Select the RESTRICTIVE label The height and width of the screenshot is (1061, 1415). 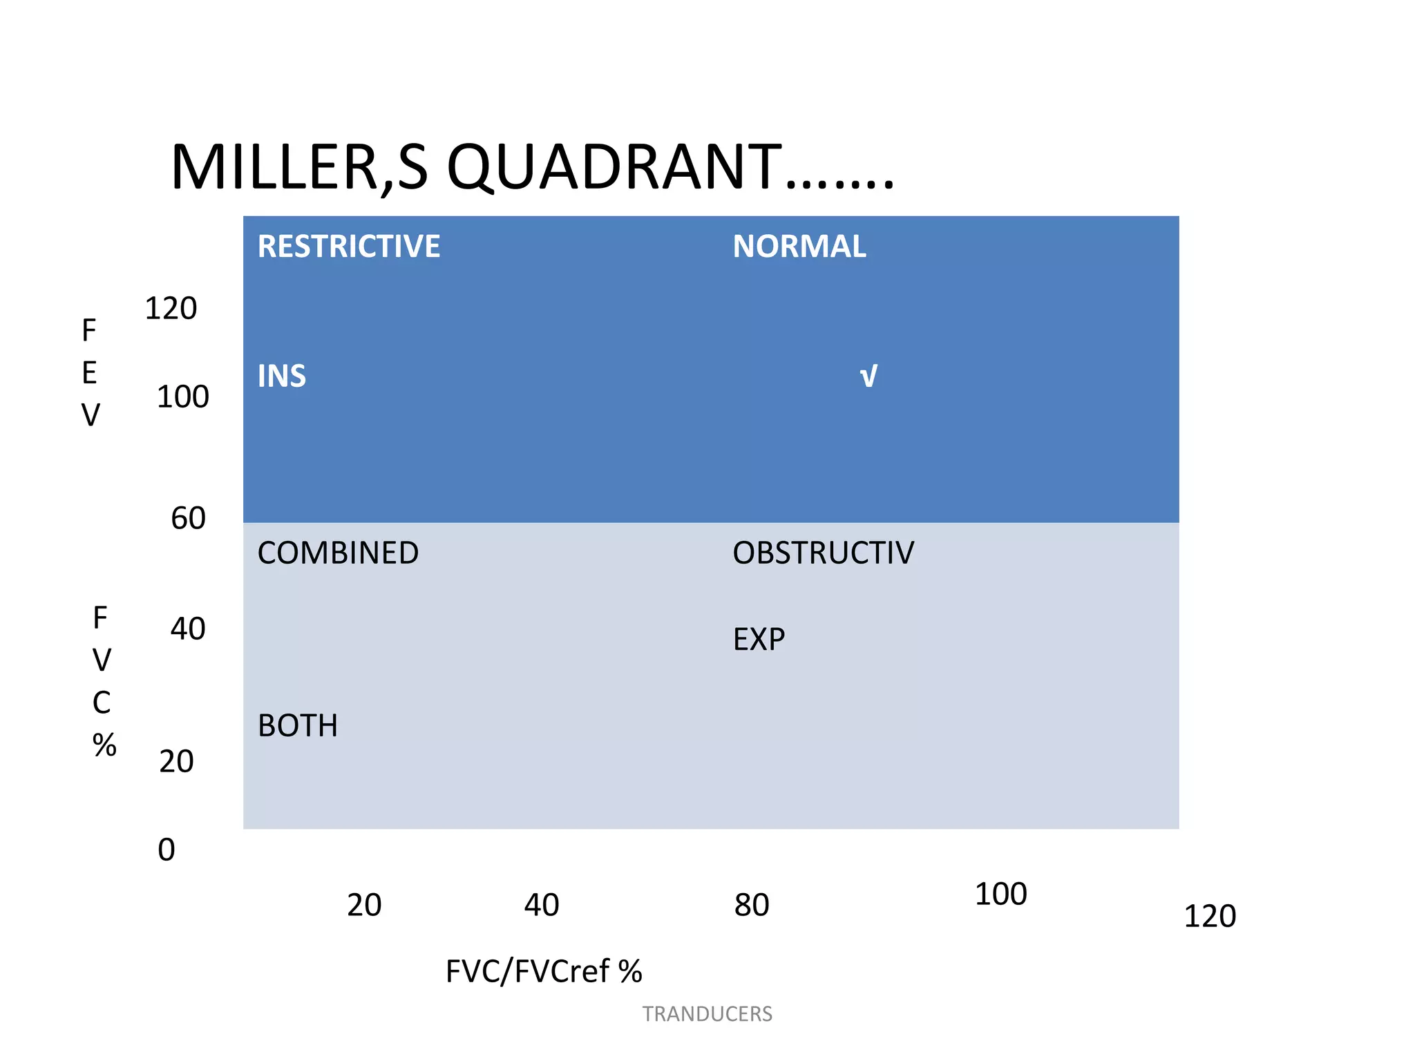click(348, 247)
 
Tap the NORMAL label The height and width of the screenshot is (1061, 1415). click(799, 247)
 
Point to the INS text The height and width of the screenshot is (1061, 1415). click(281, 376)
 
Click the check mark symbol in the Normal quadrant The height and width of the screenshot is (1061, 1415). click(868, 377)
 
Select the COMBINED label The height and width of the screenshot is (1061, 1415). click(338, 553)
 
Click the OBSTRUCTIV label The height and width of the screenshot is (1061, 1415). click(823, 553)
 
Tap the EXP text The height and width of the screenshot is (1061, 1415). click(759, 640)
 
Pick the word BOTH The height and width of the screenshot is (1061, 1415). click(298, 726)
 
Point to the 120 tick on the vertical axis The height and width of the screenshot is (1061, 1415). click(171, 309)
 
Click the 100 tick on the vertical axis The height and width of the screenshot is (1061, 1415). click(182, 397)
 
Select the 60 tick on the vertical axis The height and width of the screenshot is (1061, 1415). click(188, 519)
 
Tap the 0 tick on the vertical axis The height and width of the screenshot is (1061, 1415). click(167, 850)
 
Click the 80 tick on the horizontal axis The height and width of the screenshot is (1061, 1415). click(752, 906)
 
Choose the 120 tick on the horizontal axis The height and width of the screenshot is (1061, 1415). click(1210, 917)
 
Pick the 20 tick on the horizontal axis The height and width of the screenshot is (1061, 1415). click(364, 906)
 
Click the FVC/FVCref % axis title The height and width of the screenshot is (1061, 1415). click(544, 972)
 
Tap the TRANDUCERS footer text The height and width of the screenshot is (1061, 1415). click(707, 1014)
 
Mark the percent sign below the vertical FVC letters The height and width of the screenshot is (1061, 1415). click(104, 745)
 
